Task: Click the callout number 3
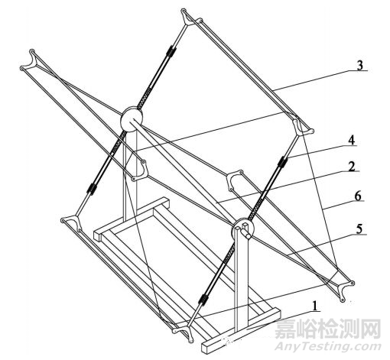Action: tap(359, 66)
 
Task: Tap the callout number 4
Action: tap(352, 140)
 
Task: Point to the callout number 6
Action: tap(358, 196)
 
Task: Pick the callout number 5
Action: tap(359, 229)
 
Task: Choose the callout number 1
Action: tap(316, 306)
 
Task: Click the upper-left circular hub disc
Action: tap(132, 118)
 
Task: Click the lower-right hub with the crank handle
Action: tap(242, 229)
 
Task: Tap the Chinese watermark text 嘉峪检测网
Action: tap(328, 329)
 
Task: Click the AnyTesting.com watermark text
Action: tap(328, 346)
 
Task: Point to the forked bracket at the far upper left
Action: tap(29, 60)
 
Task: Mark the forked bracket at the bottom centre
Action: tap(184, 331)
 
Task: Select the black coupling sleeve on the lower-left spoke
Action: tap(92, 188)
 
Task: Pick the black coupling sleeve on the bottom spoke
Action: tap(203, 299)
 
